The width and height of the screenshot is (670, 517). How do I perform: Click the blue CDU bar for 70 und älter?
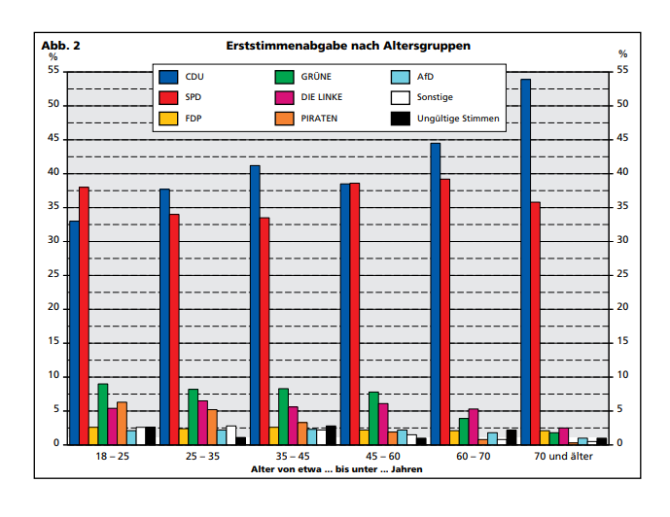(x=525, y=261)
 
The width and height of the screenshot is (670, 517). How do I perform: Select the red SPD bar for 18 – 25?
(x=84, y=316)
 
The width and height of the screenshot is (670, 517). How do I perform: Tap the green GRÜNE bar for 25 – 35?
(x=194, y=417)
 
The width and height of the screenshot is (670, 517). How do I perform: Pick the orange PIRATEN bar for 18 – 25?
(x=123, y=423)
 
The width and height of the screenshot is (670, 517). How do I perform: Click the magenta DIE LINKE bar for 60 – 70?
(x=474, y=427)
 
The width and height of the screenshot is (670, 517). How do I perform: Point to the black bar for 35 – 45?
(x=332, y=435)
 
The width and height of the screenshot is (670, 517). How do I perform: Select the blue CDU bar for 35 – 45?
(x=255, y=305)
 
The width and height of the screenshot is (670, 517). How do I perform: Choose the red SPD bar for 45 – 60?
(x=355, y=314)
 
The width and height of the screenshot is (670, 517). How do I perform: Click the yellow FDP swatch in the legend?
(x=168, y=119)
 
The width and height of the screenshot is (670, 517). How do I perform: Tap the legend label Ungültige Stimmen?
(x=458, y=119)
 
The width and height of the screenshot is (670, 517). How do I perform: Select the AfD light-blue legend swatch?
(x=401, y=77)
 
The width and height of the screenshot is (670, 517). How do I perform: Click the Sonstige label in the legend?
(x=435, y=97)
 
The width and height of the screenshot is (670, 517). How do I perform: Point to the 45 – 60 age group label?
(x=383, y=456)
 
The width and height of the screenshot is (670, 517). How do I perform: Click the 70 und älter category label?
(x=564, y=456)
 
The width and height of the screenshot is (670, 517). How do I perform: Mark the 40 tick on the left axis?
(x=53, y=172)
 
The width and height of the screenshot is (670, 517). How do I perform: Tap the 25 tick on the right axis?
(x=622, y=274)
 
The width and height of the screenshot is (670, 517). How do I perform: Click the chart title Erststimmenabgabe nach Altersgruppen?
(x=348, y=46)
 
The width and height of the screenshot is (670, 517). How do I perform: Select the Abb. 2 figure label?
(x=60, y=46)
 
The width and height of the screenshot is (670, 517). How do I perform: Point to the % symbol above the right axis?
(x=623, y=53)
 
